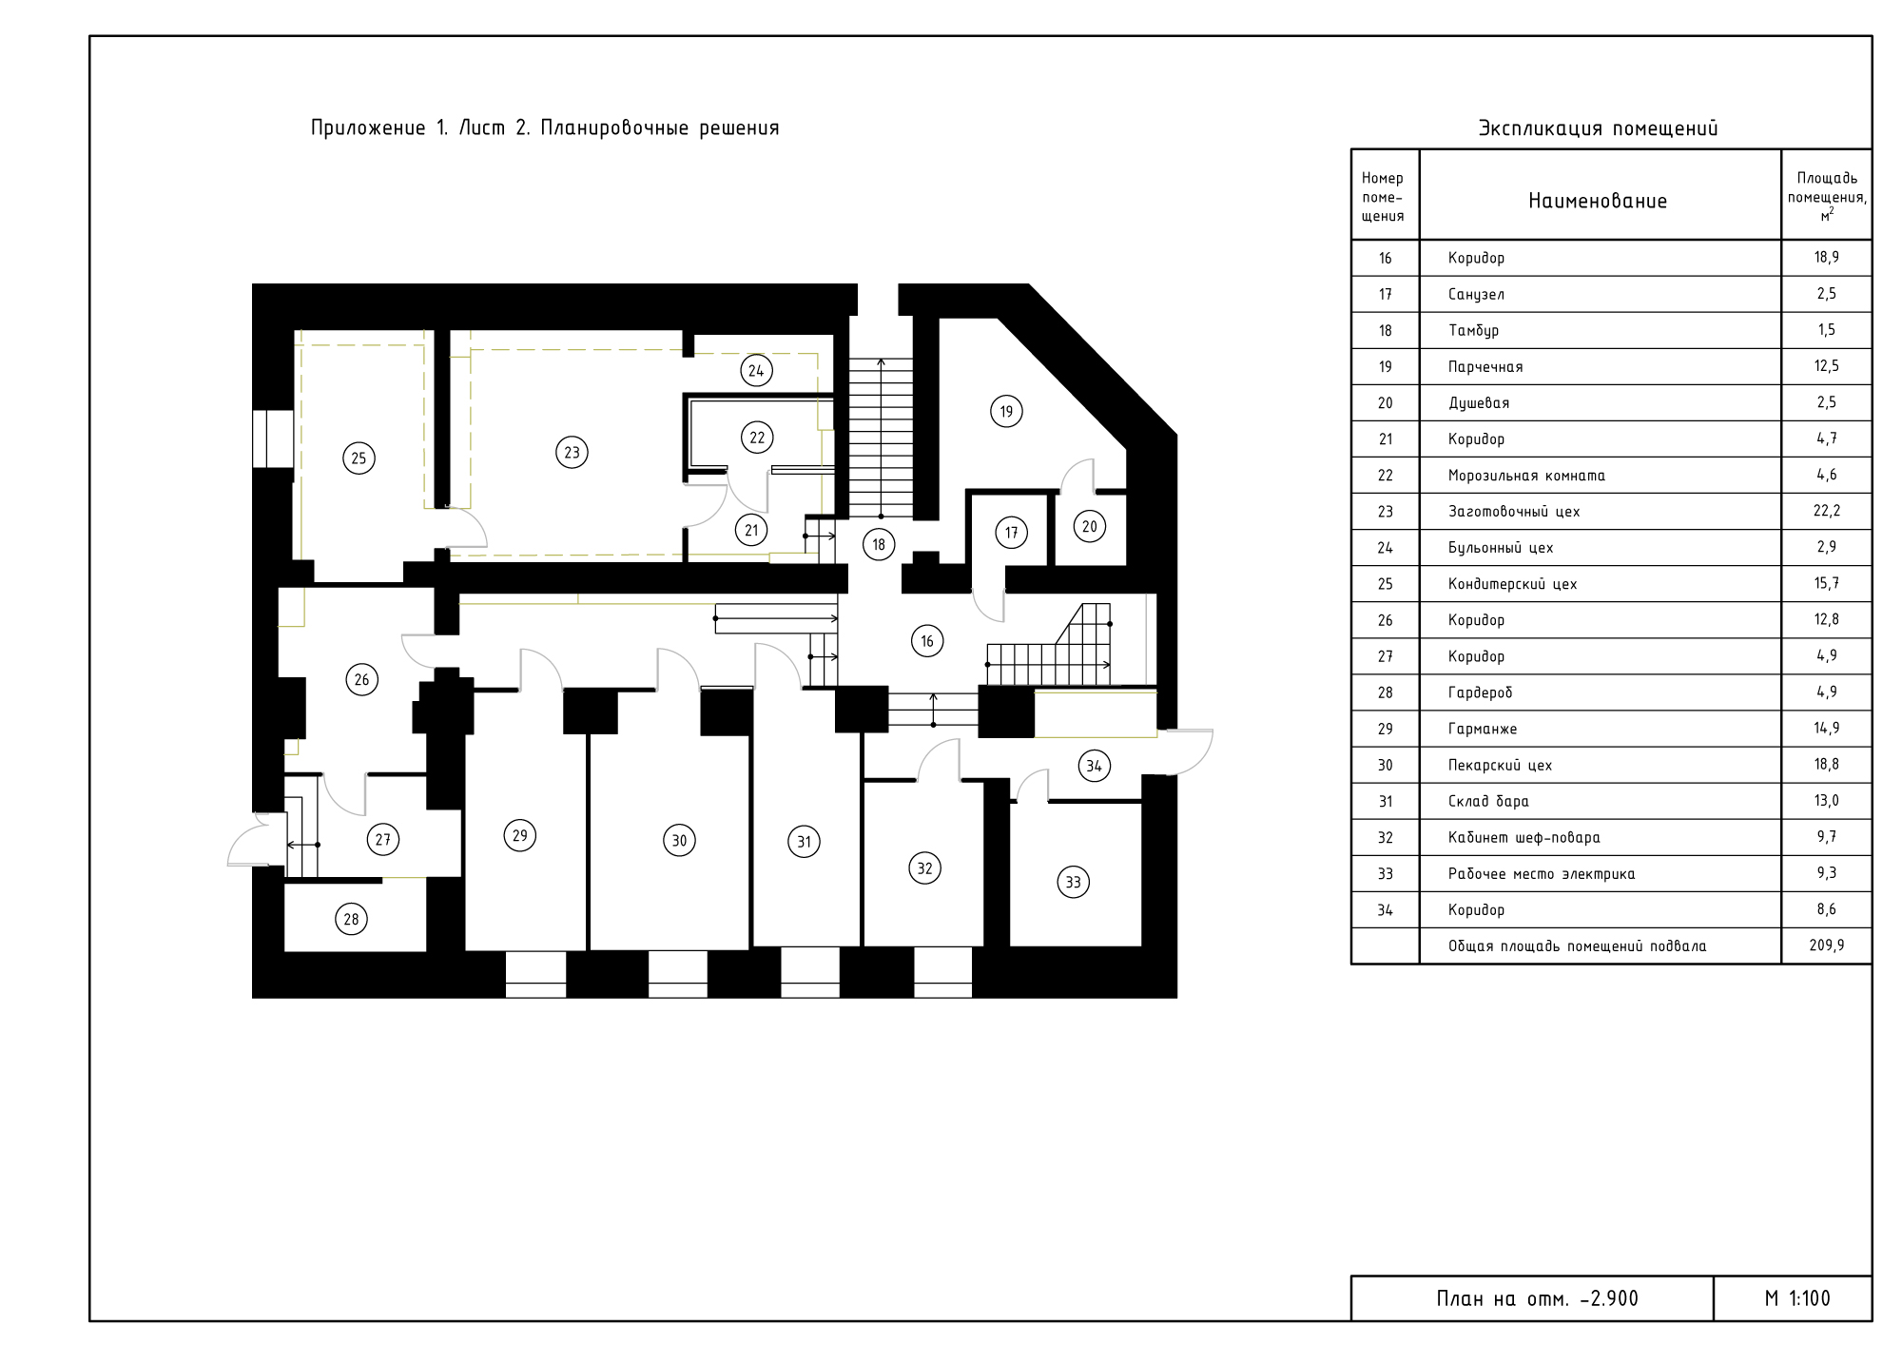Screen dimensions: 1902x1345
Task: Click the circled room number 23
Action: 572,453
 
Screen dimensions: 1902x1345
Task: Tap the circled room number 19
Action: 1006,412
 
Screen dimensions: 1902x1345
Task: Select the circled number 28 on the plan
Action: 351,919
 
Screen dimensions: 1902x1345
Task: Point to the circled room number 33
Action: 1073,882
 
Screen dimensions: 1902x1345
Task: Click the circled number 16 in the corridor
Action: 927,641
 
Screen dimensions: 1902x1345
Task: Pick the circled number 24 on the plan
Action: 756,371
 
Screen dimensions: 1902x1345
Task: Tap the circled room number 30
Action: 679,840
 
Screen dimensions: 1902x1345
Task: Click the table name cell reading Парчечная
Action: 1485,367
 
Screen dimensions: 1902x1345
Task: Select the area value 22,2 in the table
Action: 1827,512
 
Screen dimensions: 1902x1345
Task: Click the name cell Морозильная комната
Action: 1526,476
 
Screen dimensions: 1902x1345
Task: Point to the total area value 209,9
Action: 1827,945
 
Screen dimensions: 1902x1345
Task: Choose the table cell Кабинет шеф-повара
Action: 1524,838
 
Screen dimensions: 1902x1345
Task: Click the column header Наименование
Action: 1598,201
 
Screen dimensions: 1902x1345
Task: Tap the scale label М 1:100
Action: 1797,1298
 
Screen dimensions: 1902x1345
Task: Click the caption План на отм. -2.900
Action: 1538,1298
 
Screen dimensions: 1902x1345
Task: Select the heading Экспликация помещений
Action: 1598,128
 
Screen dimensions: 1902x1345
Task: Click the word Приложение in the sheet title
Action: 368,128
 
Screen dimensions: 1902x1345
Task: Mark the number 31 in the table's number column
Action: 1386,802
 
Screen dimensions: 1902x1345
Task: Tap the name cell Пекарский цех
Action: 1500,766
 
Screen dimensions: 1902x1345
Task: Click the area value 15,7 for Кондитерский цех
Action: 1827,584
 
